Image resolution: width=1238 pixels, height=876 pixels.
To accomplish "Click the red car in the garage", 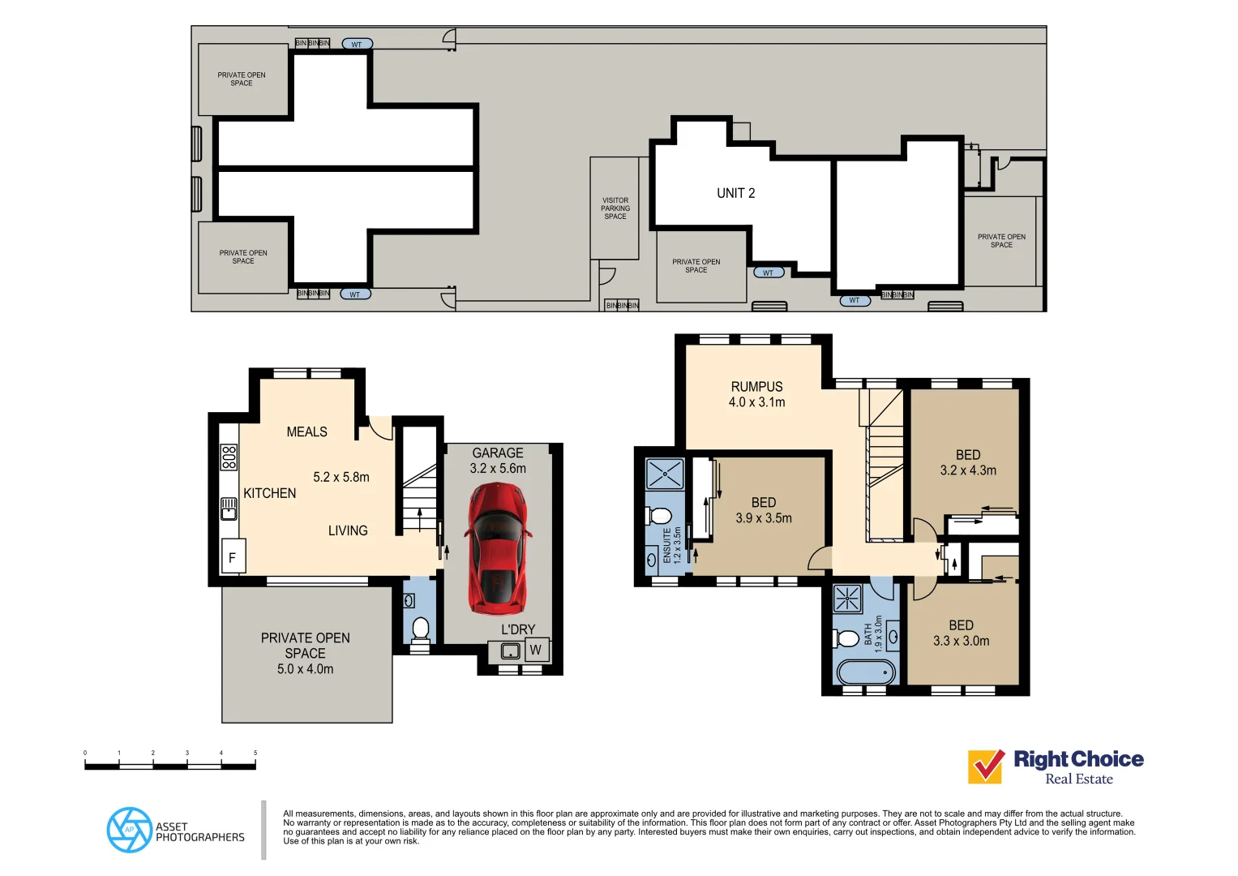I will pyautogui.click(x=498, y=548).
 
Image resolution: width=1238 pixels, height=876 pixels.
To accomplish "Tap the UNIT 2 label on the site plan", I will pyautogui.click(x=735, y=193).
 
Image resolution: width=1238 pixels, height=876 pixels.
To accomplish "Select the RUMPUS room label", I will pyautogui.click(x=756, y=387).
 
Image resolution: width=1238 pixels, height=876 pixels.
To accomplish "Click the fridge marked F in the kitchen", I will pyautogui.click(x=233, y=557).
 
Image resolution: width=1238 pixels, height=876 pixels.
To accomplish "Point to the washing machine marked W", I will pyautogui.click(x=535, y=650).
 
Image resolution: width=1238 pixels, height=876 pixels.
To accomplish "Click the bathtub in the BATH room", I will pyautogui.click(x=865, y=672).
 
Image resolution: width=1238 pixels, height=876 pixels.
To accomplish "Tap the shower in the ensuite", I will pyautogui.click(x=665, y=474).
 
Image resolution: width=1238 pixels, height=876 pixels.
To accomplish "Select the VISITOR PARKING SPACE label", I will pyautogui.click(x=615, y=208).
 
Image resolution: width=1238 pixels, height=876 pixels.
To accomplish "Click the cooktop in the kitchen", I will pyautogui.click(x=229, y=457).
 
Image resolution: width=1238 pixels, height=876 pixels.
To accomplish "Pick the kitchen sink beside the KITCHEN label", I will pyautogui.click(x=229, y=509).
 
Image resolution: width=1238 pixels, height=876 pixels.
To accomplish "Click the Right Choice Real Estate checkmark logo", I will pyautogui.click(x=986, y=766).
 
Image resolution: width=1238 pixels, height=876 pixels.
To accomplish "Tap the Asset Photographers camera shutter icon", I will pyautogui.click(x=129, y=830).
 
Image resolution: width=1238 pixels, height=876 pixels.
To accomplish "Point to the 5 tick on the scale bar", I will pyautogui.click(x=255, y=754).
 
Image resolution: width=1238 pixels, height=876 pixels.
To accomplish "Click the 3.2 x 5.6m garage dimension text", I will pyautogui.click(x=498, y=469).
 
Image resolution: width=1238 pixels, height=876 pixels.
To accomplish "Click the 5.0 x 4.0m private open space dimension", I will pyautogui.click(x=305, y=669).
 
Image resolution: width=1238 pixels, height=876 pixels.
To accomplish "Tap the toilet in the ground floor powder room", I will pyautogui.click(x=420, y=629).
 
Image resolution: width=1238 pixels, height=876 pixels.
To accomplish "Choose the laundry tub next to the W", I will pyautogui.click(x=510, y=651).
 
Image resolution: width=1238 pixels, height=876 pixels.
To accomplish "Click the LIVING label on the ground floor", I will pyautogui.click(x=348, y=530).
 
